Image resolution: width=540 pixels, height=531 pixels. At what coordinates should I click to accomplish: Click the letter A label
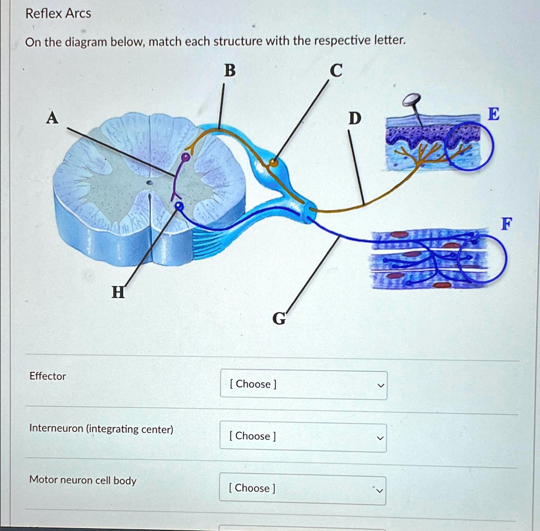[x=52, y=119]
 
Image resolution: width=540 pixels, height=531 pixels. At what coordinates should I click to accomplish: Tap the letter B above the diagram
[x=229, y=70]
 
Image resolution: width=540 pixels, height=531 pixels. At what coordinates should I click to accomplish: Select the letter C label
[x=336, y=70]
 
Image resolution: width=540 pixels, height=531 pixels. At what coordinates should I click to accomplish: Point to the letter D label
[x=354, y=120]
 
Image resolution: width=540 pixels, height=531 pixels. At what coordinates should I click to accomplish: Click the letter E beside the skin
[x=493, y=113]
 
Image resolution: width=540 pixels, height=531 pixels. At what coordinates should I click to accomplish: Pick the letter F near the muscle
[x=505, y=224]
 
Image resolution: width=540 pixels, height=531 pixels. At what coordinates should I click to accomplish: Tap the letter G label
[x=279, y=318]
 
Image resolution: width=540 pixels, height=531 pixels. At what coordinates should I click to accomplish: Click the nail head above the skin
[x=411, y=99]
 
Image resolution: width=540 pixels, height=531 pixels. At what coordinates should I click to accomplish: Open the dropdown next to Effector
[x=303, y=384]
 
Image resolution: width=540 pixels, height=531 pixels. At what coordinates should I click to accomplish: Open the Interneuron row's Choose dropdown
[x=303, y=436]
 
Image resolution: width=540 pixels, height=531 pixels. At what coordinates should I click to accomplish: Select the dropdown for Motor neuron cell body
[x=303, y=488]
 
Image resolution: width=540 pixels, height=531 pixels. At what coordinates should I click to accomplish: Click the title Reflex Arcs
[x=59, y=14]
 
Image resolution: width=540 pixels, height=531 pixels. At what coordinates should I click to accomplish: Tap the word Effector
[x=47, y=376]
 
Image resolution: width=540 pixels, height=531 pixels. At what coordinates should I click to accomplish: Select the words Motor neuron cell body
[x=83, y=480]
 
